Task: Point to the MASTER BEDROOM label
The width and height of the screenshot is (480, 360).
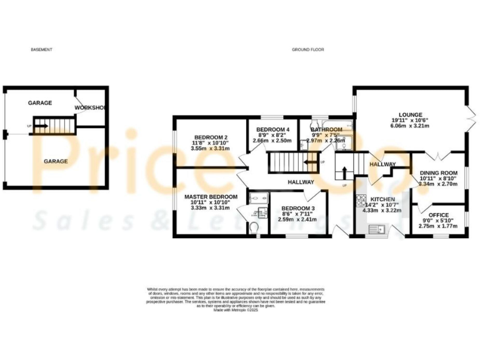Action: tap(211, 197)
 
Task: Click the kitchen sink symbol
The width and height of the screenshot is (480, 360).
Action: tap(379, 230)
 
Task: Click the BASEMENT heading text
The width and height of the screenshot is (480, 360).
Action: tap(41, 49)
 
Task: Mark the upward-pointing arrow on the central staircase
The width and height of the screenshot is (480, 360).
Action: tap(343, 171)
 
